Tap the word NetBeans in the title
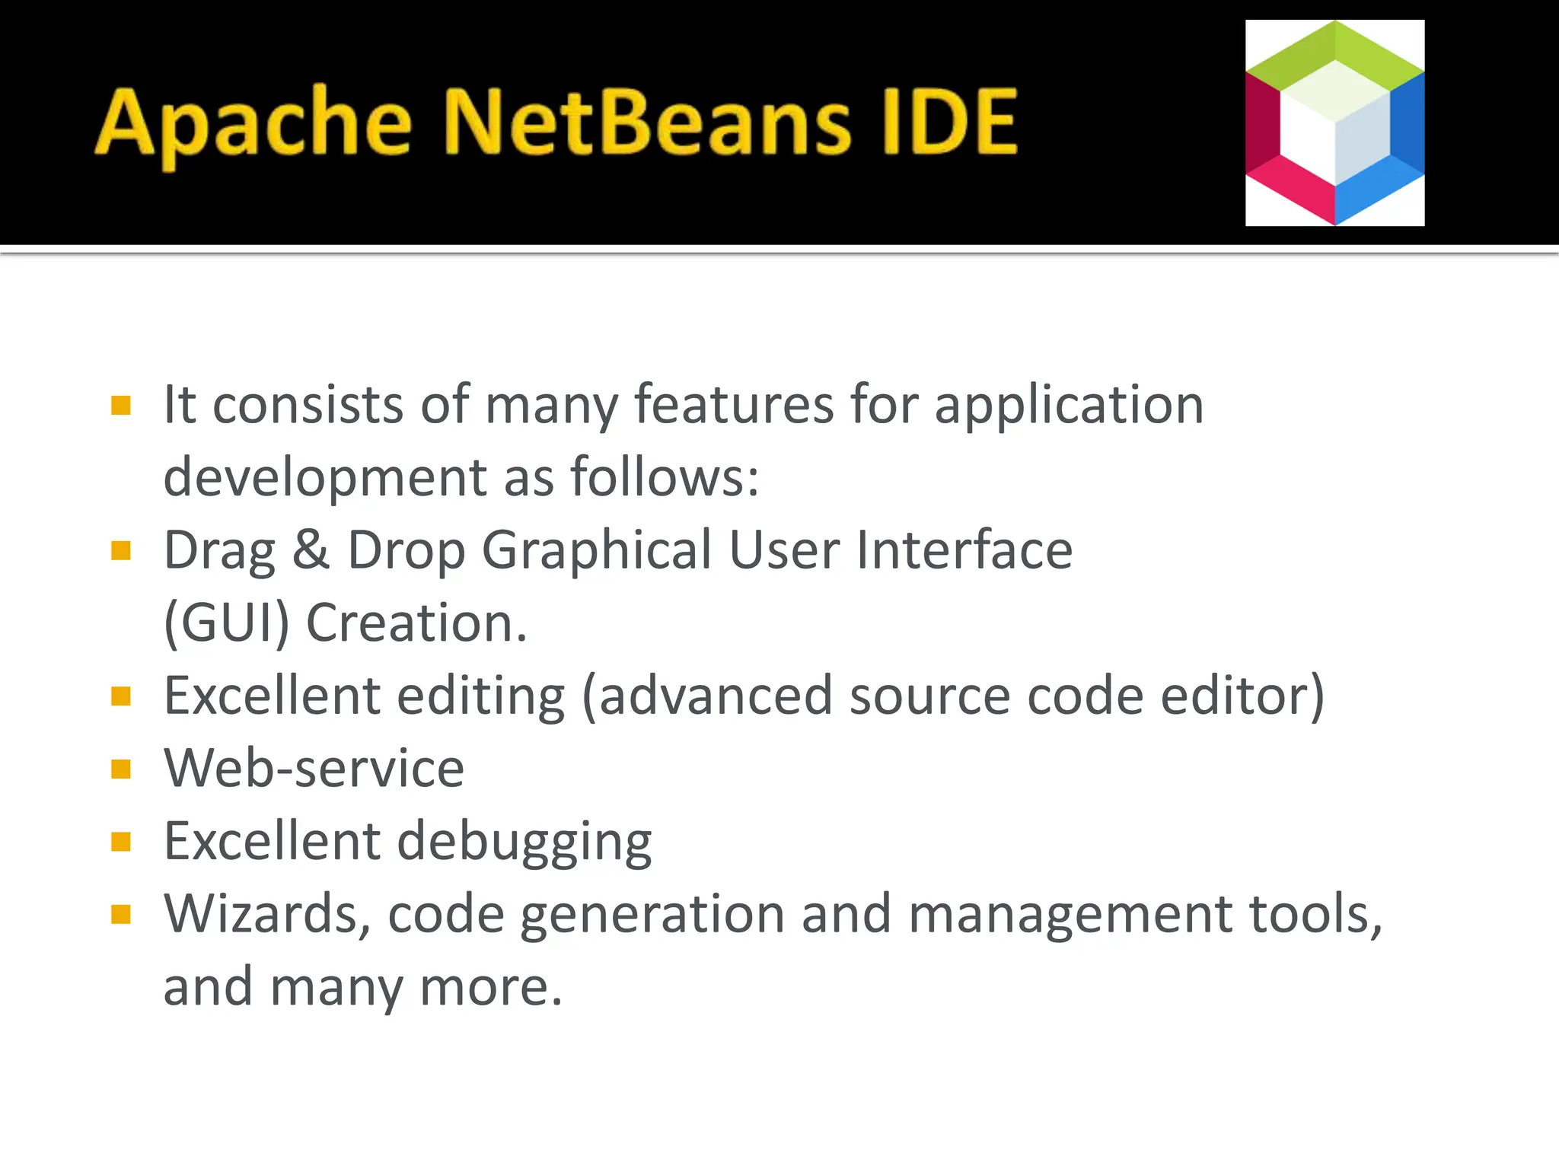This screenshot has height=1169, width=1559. pos(646,122)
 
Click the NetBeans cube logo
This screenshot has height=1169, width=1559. pos(1334,123)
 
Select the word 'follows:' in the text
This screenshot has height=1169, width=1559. pos(665,477)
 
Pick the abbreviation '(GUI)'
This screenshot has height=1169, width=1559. pos(227,623)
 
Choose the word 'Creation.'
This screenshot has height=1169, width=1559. pos(416,623)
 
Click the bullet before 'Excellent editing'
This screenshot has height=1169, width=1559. pos(121,696)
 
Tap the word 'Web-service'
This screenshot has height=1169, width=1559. pos(314,768)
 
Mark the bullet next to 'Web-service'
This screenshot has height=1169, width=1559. pos(121,769)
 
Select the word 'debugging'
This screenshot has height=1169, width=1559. pos(524,843)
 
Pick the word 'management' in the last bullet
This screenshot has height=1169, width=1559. pos(1070,915)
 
